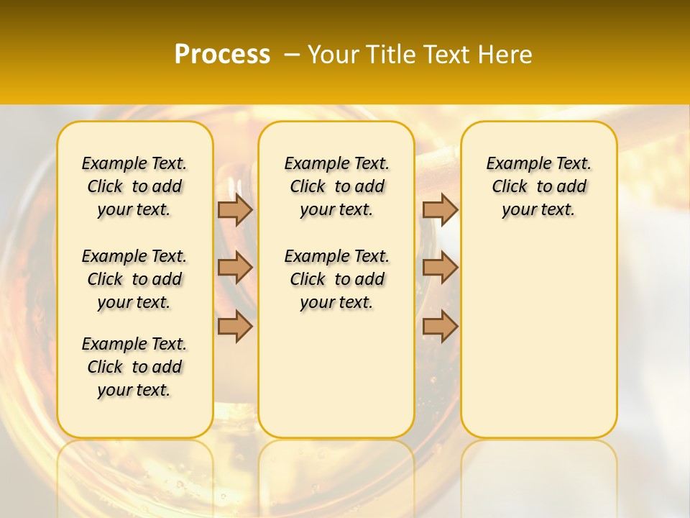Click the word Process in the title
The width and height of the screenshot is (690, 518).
222,55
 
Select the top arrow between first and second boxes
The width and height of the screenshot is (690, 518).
235,209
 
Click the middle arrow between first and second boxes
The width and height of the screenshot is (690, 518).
235,268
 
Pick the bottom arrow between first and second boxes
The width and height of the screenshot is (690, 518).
235,327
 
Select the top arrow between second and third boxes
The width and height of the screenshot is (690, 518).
440,209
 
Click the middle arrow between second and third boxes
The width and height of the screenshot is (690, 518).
440,268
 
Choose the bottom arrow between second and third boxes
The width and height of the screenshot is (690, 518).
440,327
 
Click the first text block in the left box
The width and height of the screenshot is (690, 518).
134,186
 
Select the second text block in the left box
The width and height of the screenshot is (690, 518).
134,279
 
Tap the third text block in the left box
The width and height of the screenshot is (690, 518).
134,367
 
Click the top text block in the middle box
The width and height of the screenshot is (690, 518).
336,186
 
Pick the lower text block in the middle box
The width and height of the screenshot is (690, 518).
336,279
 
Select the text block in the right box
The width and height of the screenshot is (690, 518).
538,186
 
